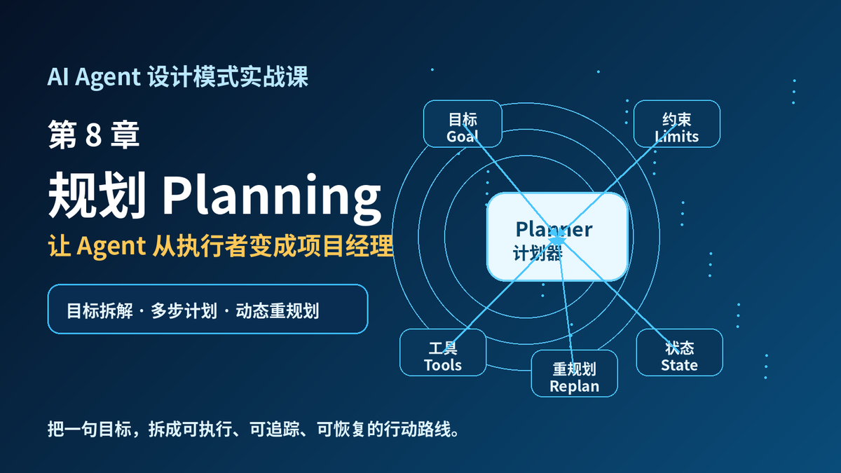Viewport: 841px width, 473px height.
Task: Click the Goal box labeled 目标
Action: pos(463,124)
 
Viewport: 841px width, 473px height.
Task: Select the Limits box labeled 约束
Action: pos(677,124)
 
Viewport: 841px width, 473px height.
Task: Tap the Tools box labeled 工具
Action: pos(443,352)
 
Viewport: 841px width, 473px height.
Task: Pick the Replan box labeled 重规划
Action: pos(575,373)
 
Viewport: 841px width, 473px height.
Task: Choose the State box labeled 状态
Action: pos(680,352)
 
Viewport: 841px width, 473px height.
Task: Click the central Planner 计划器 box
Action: pos(557,237)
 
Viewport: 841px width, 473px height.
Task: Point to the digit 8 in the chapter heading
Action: pos(93,135)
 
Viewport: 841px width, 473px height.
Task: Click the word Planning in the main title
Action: pos(272,197)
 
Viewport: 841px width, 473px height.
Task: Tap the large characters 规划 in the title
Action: pos(97,195)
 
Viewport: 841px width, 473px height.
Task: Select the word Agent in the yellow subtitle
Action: pos(111,247)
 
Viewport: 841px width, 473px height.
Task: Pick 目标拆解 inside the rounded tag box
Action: pos(100,311)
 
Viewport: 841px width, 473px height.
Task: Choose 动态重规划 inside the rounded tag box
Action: pos(278,311)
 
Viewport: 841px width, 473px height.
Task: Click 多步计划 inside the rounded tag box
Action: pos(184,311)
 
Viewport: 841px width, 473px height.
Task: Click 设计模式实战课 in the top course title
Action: pos(228,76)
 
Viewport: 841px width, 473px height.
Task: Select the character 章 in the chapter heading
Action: pos(125,135)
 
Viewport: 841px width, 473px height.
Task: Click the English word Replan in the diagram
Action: pos(575,387)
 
